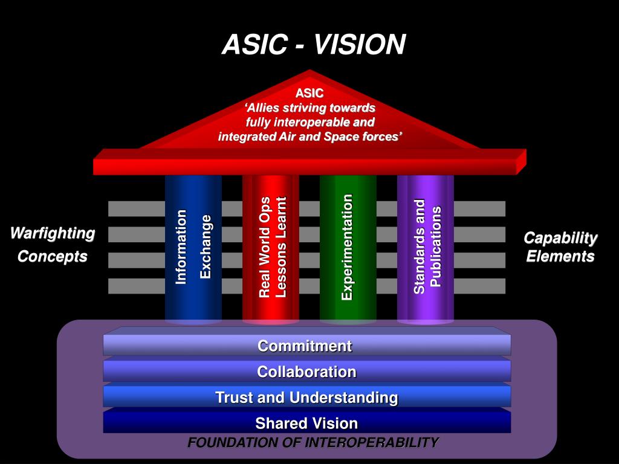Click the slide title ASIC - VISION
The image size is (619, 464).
coord(313,44)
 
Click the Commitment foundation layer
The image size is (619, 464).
coord(306,346)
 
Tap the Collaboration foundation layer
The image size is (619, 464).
coord(306,372)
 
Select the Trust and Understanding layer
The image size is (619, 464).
coord(306,398)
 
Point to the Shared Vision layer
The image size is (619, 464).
coord(306,423)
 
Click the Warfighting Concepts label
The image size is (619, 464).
coord(53,245)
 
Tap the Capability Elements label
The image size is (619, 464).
coord(560,247)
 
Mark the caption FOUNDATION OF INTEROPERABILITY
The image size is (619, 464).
coord(313,442)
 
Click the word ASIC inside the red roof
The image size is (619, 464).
coord(309,93)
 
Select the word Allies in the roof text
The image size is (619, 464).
coord(267,108)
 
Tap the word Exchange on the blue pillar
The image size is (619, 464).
coord(206,246)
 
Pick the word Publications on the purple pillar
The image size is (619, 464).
coord(436,246)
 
